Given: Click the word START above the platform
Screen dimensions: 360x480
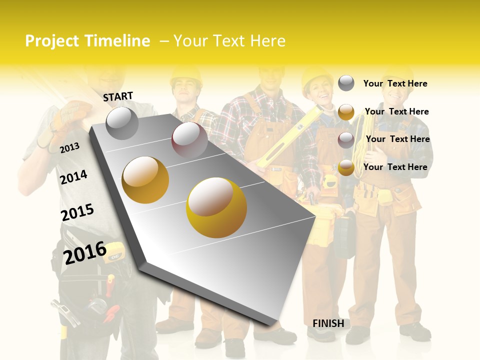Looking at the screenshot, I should click(118, 96).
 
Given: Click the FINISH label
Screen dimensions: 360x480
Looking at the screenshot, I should click(328, 323).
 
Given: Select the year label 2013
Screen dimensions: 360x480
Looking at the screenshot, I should click(69, 147).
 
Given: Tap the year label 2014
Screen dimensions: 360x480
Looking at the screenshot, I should click(73, 177).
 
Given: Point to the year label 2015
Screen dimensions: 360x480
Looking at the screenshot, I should click(77, 212).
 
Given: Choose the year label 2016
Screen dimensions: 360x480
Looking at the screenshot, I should click(84, 252).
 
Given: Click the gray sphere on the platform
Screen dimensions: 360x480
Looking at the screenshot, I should click(122, 123).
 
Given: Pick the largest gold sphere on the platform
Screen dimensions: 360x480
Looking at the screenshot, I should click(216, 207).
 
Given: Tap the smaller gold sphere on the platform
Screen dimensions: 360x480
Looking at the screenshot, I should click(145, 180).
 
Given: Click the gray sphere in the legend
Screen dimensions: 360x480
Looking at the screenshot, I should click(346, 83).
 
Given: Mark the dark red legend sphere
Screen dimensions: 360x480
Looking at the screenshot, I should click(346, 140).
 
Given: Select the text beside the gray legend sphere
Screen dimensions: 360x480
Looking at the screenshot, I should click(395, 83).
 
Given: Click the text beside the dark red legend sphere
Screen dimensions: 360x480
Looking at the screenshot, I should click(397, 139).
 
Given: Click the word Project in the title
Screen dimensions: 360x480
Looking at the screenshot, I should click(52, 41).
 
